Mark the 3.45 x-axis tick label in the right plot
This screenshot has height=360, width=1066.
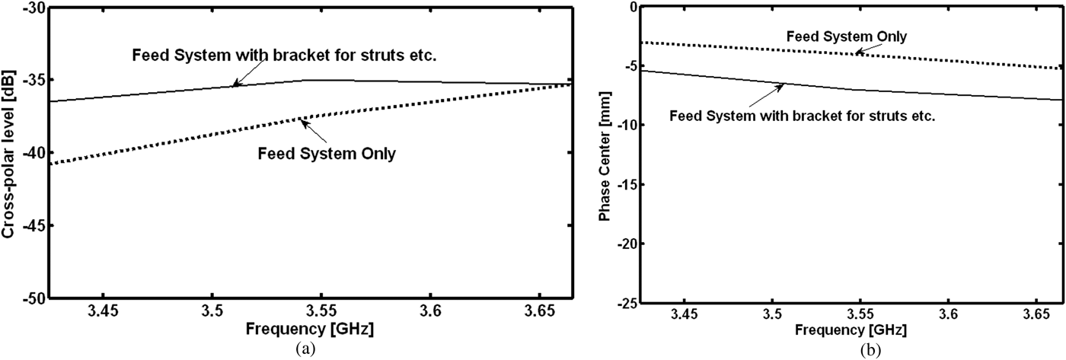(684, 313)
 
